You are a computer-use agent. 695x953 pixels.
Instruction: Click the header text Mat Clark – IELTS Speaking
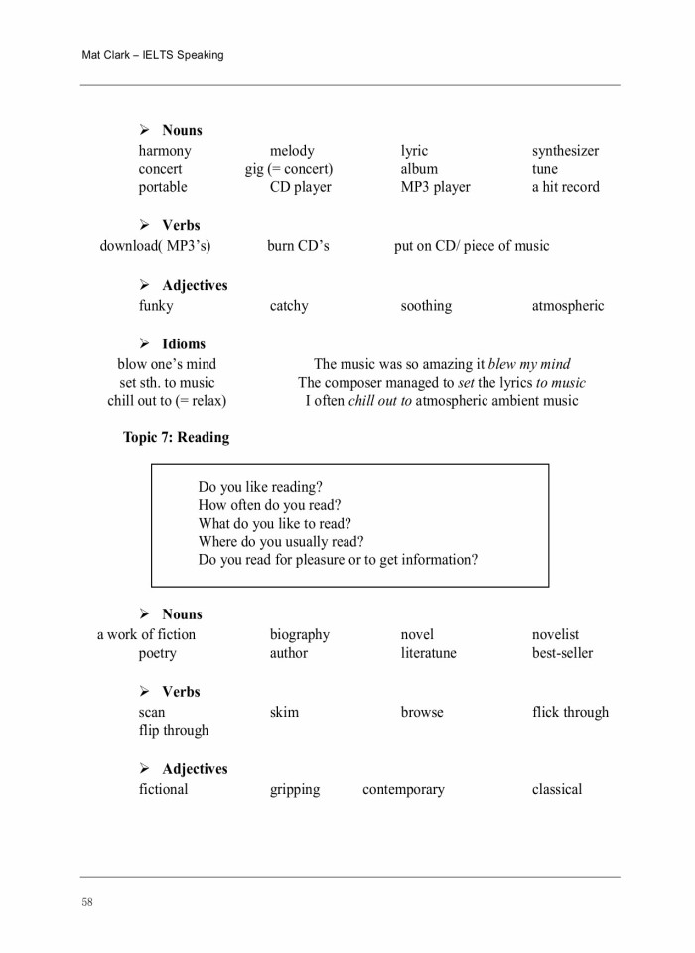152,55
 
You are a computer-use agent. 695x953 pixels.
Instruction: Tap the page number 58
87,902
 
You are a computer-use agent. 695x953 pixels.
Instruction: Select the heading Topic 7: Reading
176,437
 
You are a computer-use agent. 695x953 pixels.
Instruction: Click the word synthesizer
565,151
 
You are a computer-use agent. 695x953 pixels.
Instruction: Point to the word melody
292,151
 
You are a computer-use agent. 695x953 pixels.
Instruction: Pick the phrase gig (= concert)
289,169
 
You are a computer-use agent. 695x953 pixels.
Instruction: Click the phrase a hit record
565,187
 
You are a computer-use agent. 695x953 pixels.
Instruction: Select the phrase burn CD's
298,246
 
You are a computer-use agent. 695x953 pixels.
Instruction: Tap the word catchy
289,306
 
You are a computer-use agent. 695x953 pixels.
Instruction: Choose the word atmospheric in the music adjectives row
567,306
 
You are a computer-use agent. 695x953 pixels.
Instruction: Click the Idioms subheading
184,344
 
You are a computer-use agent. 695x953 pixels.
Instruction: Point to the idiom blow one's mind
167,364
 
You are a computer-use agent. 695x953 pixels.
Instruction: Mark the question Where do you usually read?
281,542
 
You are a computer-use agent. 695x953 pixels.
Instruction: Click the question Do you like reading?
260,487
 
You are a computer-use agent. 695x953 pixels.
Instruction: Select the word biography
300,635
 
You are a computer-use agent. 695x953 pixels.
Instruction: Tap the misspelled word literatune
429,653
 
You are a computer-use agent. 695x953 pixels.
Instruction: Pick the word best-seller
562,653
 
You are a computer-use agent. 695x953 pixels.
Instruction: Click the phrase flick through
570,712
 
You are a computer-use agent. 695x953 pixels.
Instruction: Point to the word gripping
295,790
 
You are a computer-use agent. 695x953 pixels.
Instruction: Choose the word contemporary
403,790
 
